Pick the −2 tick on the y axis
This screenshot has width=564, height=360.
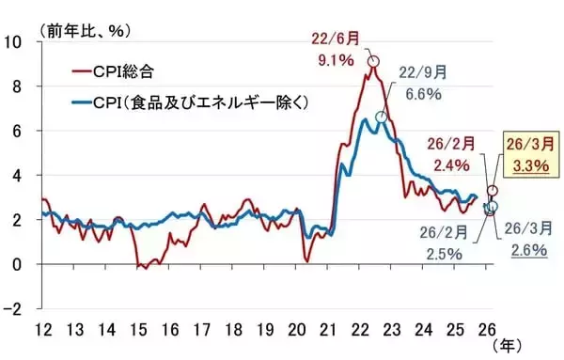[13, 309]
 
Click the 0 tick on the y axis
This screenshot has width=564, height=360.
[18, 265]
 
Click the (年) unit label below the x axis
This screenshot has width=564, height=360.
[506, 347]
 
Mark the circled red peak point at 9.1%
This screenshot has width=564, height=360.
[374, 61]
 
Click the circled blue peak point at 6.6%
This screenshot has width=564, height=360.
[381, 117]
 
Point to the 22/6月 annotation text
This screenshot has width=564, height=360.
[335, 39]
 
